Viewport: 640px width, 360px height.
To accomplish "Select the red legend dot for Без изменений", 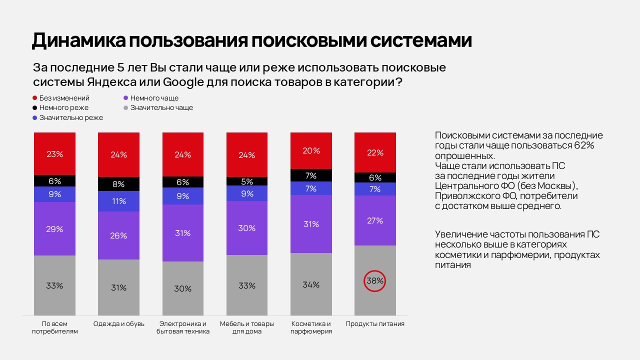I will pyautogui.click(x=35, y=98).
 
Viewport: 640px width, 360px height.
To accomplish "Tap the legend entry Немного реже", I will pyautogui.click(x=63, y=107).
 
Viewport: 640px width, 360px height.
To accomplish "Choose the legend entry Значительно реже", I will pyautogui.click(x=71, y=117).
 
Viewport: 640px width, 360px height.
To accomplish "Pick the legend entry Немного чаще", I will pyautogui.click(x=154, y=98).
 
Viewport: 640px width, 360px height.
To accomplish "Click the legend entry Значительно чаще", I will pyautogui.click(x=161, y=107).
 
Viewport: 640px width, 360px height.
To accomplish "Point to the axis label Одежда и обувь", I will pyautogui.click(x=119, y=324).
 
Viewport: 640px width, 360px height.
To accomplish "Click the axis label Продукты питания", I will pyautogui.click(x=375, y=324).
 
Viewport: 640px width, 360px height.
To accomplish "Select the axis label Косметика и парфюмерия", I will pyautogui.click(x=311, y=327).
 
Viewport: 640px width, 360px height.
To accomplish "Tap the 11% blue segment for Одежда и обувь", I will pyautogui.click(x=119, y=201).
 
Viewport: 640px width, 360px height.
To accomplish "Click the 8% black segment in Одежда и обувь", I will pyautogui.click(x=119, y=184).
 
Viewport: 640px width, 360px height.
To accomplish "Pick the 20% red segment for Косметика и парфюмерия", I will pyautogui.click(x=311, y=150).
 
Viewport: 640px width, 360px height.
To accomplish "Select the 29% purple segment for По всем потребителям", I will pyautogui.click(x=54, y=229).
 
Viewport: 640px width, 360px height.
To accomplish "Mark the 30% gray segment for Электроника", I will pyautogui.click(x=183, y=288).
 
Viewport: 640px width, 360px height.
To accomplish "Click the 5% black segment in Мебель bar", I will pyautogui.click(x=247, y=181).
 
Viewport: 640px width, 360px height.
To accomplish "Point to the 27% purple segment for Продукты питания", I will pyautogui.click(x=375, y=220).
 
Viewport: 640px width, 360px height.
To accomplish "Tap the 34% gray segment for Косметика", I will pyautogui.click(x=311, y=284).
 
